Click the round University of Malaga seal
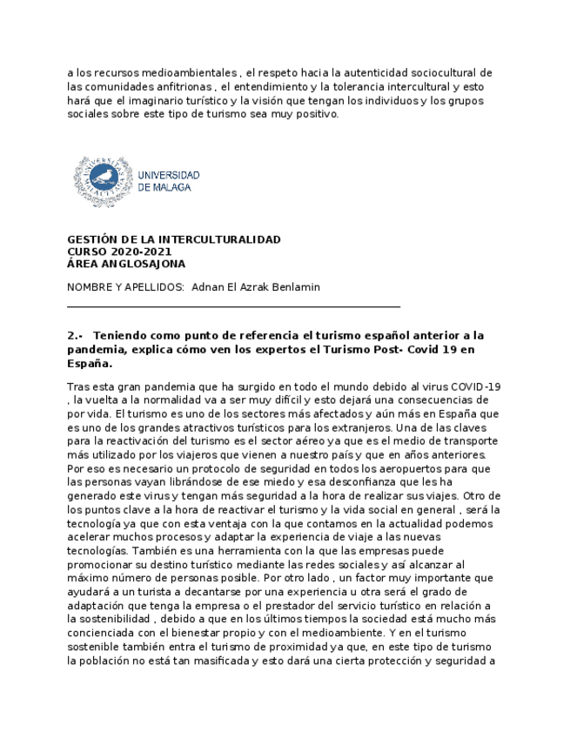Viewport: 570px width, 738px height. coord(103,181)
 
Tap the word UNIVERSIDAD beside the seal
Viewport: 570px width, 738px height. coord(169,175)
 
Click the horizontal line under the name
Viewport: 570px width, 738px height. coord(233,305)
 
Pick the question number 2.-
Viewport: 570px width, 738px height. coord(74,335)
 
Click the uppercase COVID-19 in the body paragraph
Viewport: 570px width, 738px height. coord(477,386)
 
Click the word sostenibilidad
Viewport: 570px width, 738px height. coord(109,620)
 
